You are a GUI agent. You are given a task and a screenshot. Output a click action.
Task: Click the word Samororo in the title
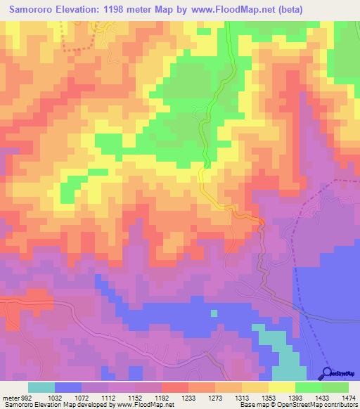point(32,11)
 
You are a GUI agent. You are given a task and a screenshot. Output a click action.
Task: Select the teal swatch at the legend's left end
point(41,387)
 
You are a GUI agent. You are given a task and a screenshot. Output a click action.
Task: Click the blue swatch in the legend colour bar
point(68,387)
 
